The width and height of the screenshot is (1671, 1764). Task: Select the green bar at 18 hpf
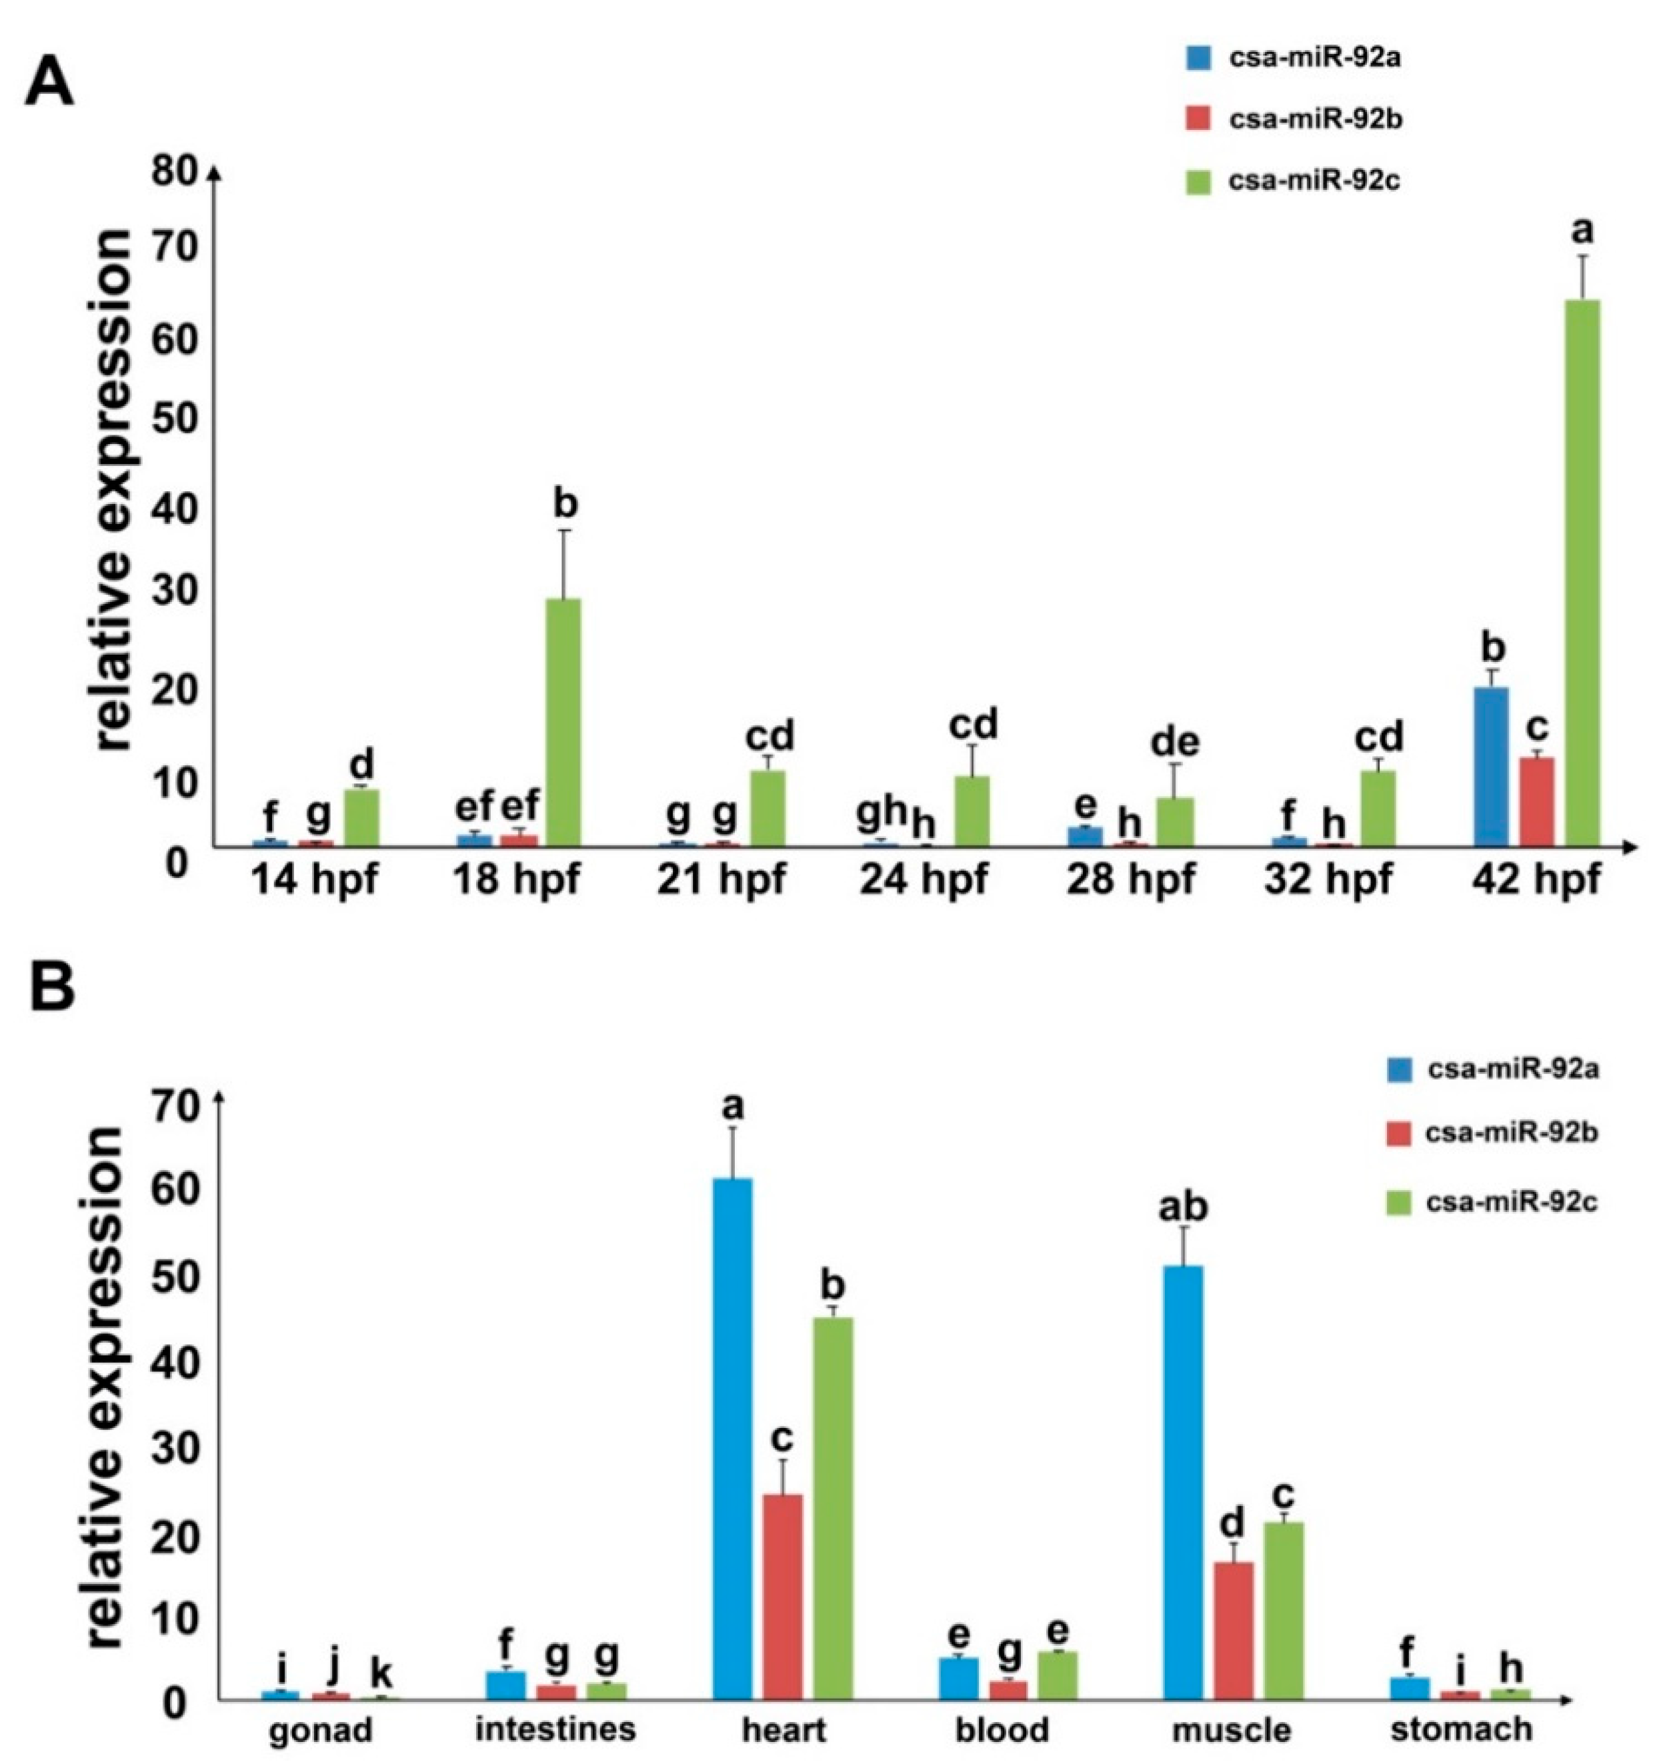[x=563, y=721]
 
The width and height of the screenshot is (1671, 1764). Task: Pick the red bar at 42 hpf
[x=1536, y=801]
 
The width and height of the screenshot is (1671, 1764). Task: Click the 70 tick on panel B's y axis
[x=183, y=1107]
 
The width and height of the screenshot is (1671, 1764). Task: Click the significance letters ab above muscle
[x=1182, y=1207]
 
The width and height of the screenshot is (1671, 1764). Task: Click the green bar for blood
[x=1058, y=1675]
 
